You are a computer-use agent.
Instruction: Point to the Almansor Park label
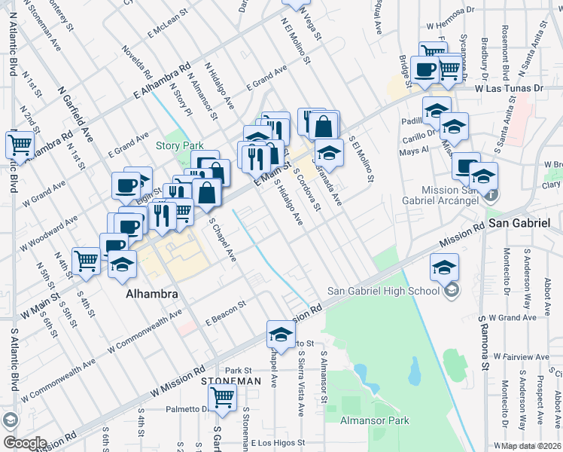click(374, 420)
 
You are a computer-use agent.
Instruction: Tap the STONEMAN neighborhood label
click(230, 382)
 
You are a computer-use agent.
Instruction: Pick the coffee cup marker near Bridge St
click(425, 69)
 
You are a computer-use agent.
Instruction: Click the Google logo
click(24, 443)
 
